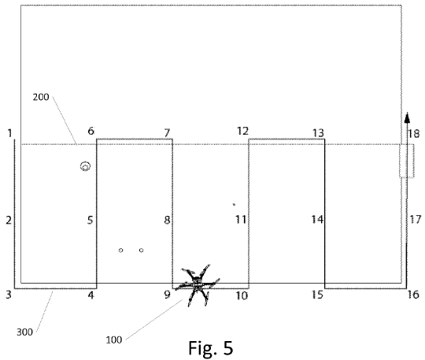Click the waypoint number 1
tap(10, 133)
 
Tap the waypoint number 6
tap(91, 131)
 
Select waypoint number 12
tap(242, 131)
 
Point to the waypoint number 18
tap(414, 133)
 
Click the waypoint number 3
tap(9, 295)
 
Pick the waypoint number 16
tap(413, 295)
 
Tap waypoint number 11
tap(241, 219)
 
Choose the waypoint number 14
tap(317, 219)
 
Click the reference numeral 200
tap(41, 97)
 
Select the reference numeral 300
tap(24, 332)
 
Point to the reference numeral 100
tap(114, 340)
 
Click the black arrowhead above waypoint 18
tap(407, 117)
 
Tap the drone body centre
tap(197, 284)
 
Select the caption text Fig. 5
tap(211, 348)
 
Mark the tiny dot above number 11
tap(234, 205)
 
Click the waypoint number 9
tap(167, 295)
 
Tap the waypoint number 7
tap(167, 133)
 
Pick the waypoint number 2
tap(9, 220)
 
